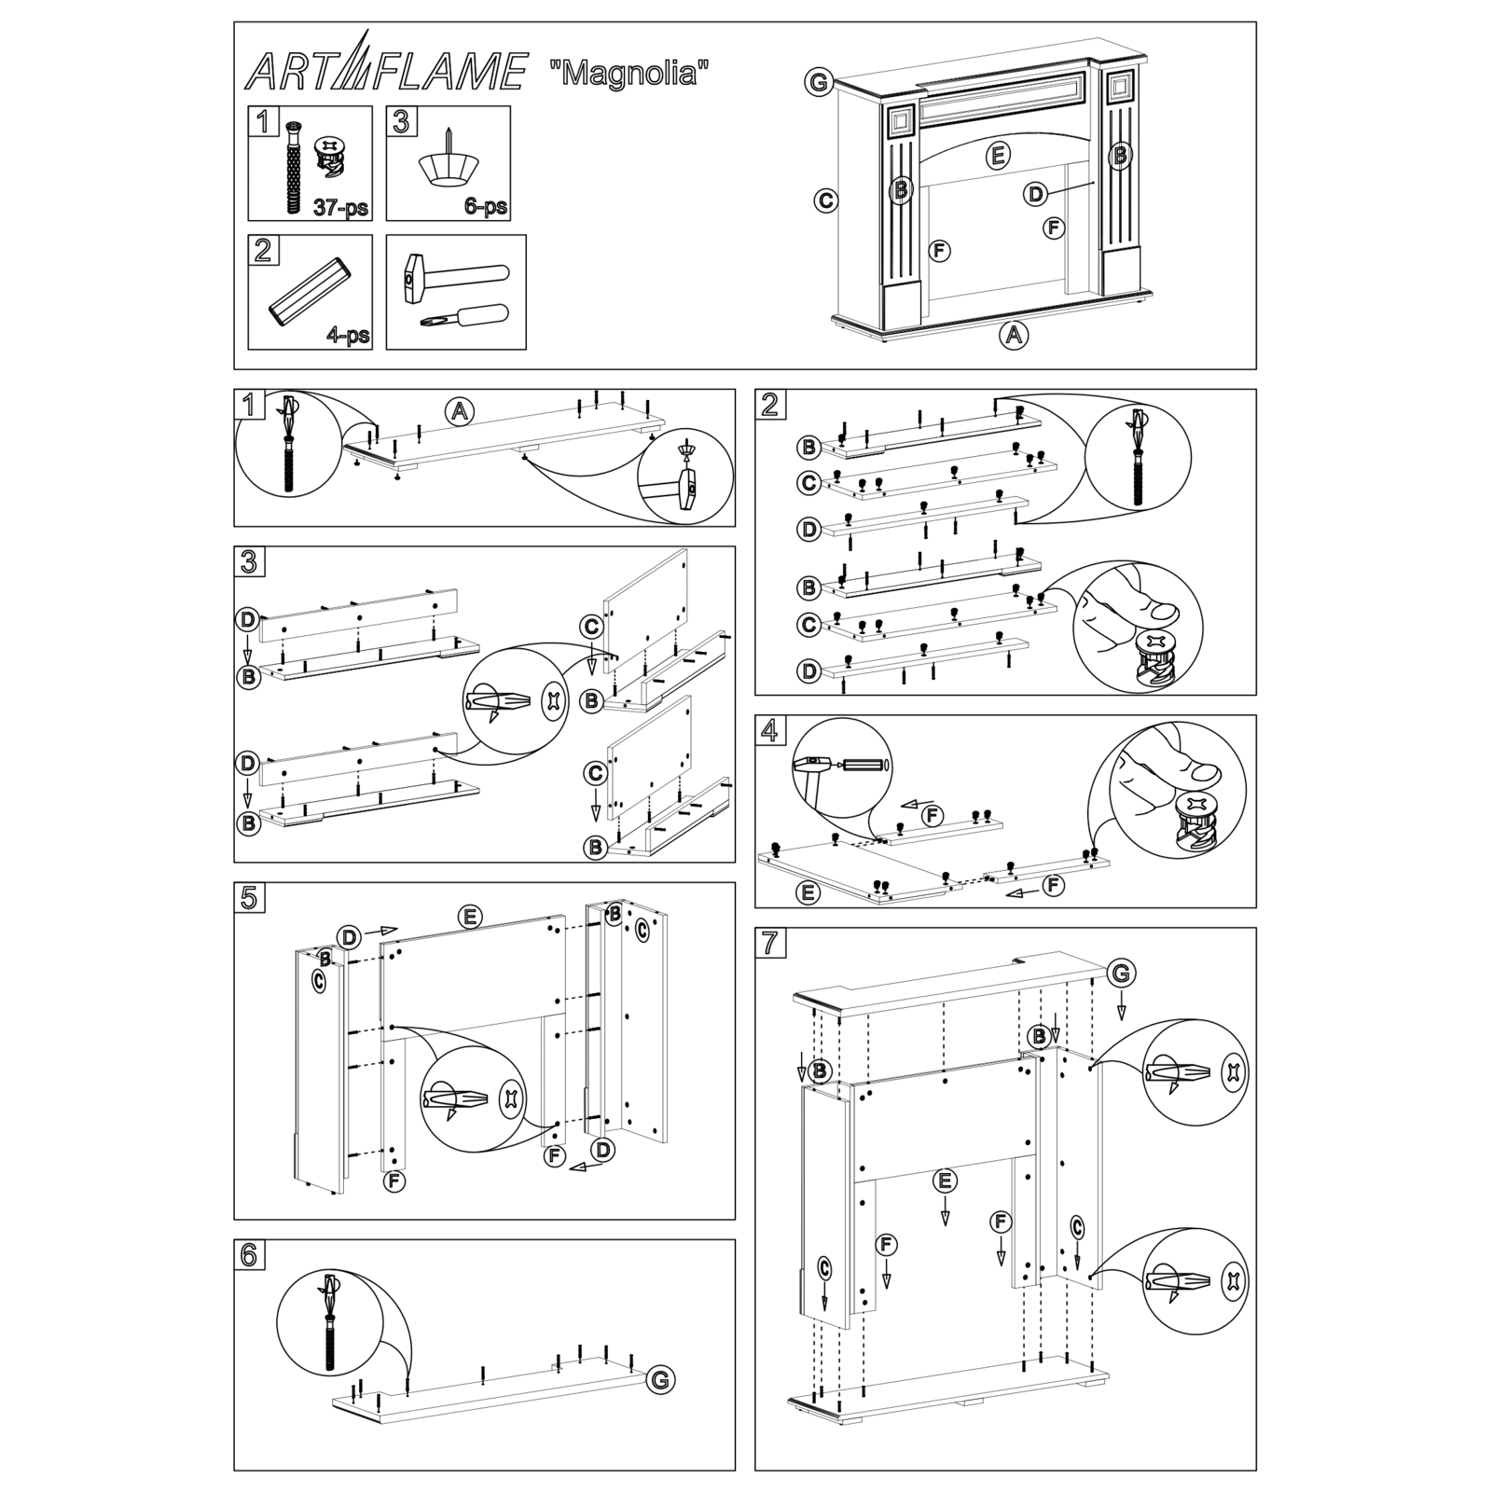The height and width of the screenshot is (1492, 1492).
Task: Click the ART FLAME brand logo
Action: [x=385, y=71]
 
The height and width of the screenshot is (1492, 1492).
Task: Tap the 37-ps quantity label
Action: [x=339, y=207]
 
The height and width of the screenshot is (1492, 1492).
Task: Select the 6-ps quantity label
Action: [x=486, y=206]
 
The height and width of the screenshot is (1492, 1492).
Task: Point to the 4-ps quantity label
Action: [x=348, y=336]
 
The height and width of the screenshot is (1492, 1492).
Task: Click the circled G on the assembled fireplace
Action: [x=818, y=83]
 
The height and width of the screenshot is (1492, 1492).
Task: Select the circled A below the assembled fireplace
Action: [x=1014, y=335]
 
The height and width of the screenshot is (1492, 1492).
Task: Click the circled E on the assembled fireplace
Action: [x=998, y=156]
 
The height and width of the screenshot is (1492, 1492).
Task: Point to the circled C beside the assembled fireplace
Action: [x=825, y=200]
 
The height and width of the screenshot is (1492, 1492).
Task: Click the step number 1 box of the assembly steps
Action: [x=249, y=405]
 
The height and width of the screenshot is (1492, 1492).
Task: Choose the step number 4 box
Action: [x=769, y=730]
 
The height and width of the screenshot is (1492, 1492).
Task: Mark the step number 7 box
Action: [x=769, y=943]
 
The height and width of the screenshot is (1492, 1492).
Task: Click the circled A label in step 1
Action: [x=458, y=410]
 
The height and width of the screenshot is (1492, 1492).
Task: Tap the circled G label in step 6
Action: [x=660, y=1380]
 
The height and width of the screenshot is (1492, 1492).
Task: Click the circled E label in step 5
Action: [x=470, y=917]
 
